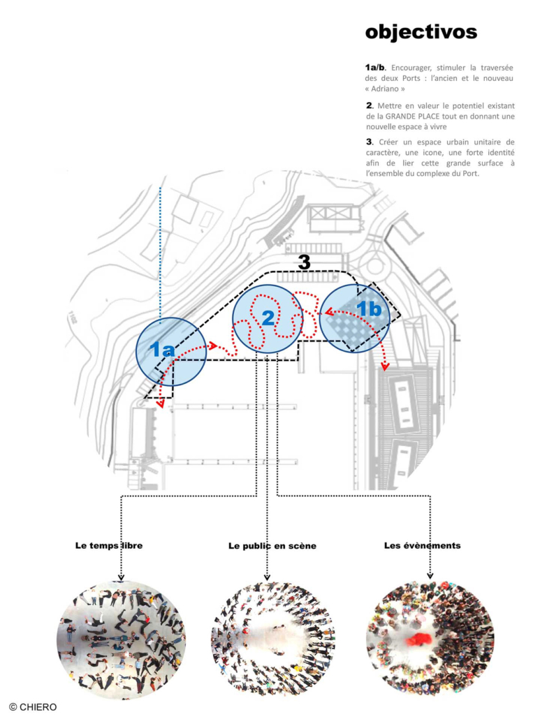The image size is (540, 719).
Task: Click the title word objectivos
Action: click(421, 32)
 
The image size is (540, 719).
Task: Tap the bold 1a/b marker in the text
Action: click(374, 68)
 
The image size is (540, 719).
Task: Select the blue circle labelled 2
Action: click(268, 318)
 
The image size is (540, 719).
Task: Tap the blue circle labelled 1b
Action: click(356, 318)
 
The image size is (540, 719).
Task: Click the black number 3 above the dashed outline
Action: click(304, 262)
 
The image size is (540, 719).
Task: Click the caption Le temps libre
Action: click(108, 545)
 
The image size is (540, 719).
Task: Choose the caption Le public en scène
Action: click(272, 546)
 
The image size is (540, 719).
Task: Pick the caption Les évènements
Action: click(422, 545)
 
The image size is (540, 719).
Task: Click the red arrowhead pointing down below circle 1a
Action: click(161, 403)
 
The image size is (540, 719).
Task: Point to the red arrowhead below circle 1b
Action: click(384, 366)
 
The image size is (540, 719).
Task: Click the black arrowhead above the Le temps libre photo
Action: click(122, 577)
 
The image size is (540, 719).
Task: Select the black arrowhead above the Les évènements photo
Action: click(429, 577)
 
